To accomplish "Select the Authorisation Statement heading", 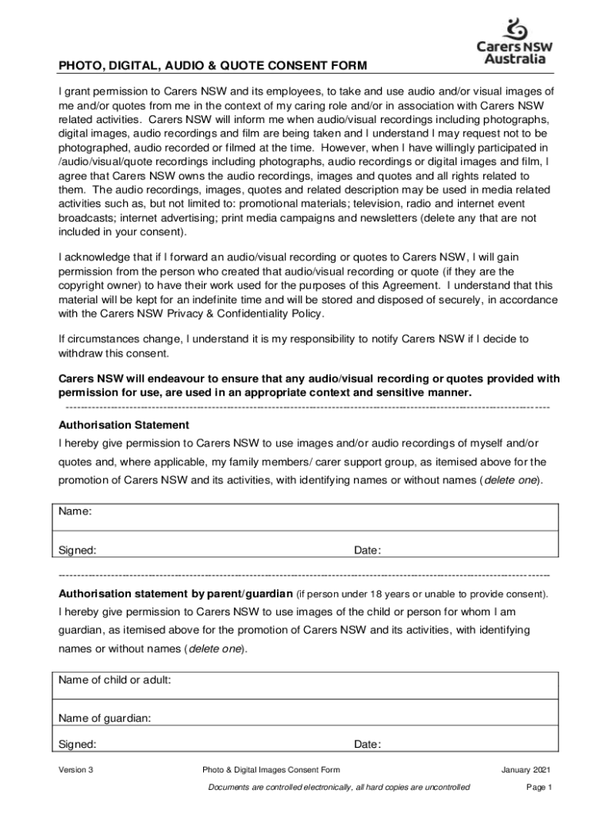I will [124, 426].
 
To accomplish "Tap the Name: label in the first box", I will [75, 511].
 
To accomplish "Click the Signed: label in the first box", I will [78, 550].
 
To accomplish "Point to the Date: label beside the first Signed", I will [367, 550].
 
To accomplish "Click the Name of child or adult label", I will [115, 680].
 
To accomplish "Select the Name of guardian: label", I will [105, 719].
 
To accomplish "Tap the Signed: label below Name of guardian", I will [78, 745].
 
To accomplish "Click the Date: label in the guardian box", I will [367, 745].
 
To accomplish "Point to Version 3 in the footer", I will [76, 770].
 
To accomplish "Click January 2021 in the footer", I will [526, 770].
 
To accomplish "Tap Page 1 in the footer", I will [539, 788].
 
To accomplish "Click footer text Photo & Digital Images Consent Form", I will [271, 770].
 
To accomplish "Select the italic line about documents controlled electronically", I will [339, 788].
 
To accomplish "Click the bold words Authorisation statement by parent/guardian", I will [175, 594].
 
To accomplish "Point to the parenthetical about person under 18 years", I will [422, 594].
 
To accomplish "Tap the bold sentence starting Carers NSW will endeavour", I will [309, 385].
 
